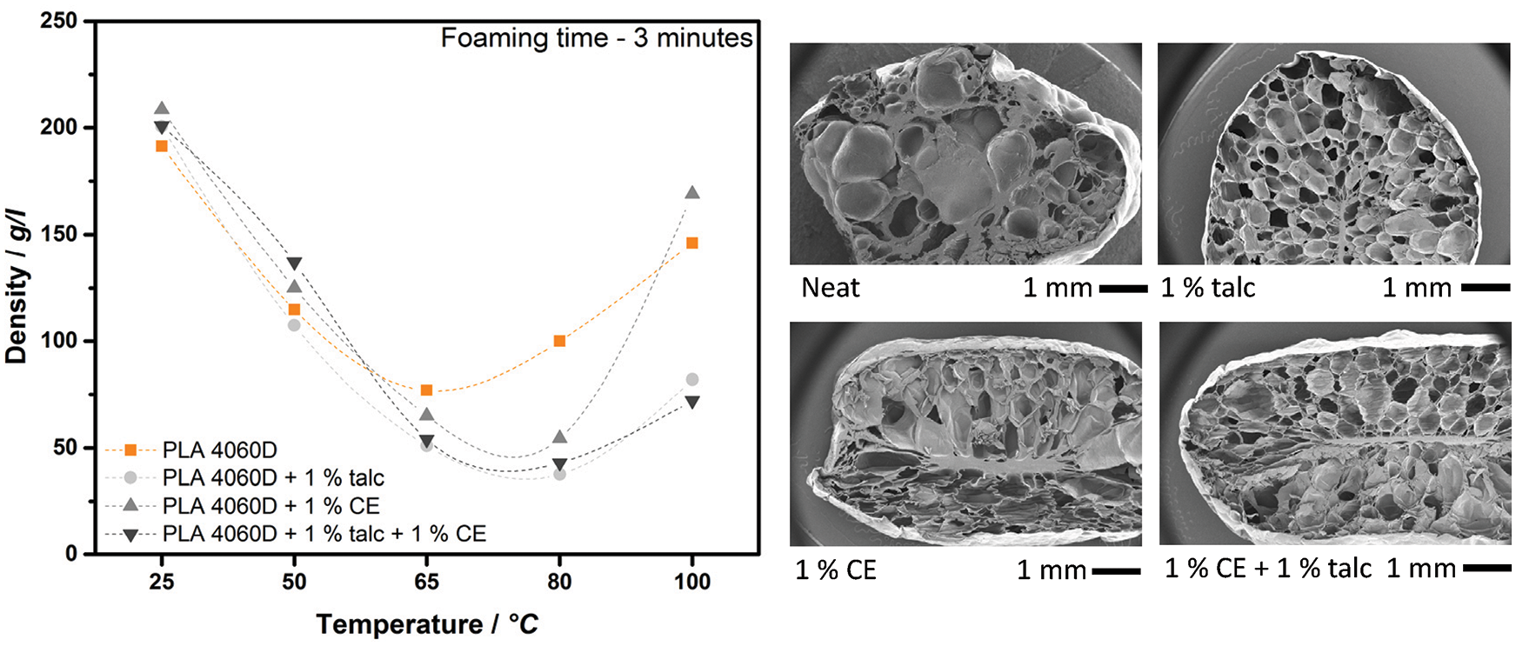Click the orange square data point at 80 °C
pyautogui.click(x=559, y=341)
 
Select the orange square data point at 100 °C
pyautogui.click(x=692, y=243)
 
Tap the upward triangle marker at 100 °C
pyautogui.click(x=692, y=192)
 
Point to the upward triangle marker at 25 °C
pyautogui.click(x=162, y=109)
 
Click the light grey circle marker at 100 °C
pyautogui.click(x=692, y=379)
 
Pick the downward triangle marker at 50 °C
pyautogui.click(x=294, y=264)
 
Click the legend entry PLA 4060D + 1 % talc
pyautogui.click(x=273, y=477)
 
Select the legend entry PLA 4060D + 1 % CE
pyautogui.click(x=270, y=505)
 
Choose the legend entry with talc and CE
pyautogui.click(x=324, y=533)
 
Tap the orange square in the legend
pyautogui.click(x=130, y=450)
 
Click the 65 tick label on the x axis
pyautogui.click(x=426, y=581)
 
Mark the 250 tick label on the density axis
pyautogui.click(x=60, y=21)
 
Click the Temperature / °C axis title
pyautogui.click(x=427, y=623)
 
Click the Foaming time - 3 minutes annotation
pyautogui.click(x=597, y=37)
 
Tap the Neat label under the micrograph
pyautogui.click(x=830, y=287)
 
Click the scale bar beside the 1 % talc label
pyautogui.click(x=1486, y=287)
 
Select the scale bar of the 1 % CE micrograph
pyautogui.click(x=1116, y=571)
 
